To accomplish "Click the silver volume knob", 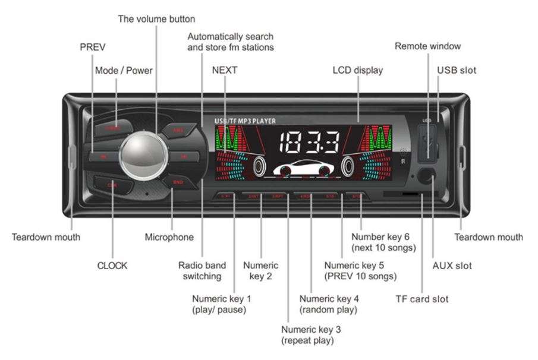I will point(144,156).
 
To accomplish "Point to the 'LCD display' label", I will point(357,70).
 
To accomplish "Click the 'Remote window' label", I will point(427,46).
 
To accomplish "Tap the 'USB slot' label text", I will point(457,70).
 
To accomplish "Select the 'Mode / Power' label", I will point(124,70).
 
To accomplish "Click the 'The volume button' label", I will point(156,19).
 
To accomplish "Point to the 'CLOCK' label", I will point(112,266).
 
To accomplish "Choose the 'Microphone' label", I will point(169,237).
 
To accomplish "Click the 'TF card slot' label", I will point(422,299).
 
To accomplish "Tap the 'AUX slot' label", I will point(452,266).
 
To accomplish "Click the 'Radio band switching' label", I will point(201,270).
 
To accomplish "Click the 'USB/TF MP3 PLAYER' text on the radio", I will point(245,121).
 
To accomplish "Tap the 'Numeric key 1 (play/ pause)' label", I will point(219,304).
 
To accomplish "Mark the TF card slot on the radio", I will point(402,194).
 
